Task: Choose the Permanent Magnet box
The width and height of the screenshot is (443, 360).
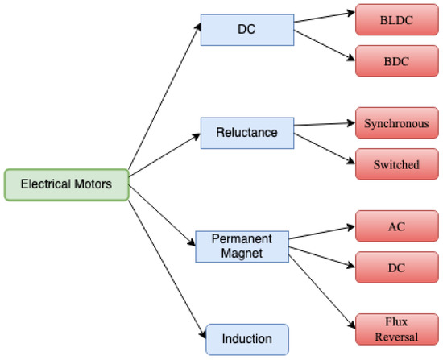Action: pyautogui.click(x=241, y=246)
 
